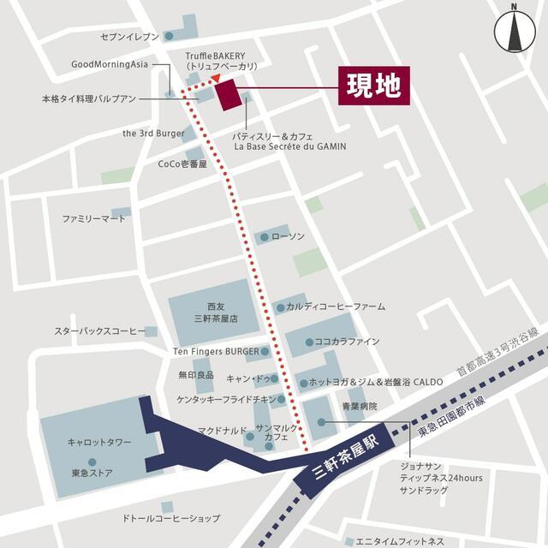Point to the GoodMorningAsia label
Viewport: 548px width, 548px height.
(x=110, y=64)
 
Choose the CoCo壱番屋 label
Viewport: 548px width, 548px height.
(x=182, y=164)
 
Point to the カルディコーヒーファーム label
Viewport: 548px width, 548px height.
(x=336, y=306)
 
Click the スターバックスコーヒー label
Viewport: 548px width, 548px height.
(x=100, y=331)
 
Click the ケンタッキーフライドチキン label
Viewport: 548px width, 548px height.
(x=227, y=399)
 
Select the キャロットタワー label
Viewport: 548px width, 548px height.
(x=99, y=442)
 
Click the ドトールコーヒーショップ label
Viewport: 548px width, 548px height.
(x=170, y=519)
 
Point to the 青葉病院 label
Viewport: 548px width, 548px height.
(x=360, y=406)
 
